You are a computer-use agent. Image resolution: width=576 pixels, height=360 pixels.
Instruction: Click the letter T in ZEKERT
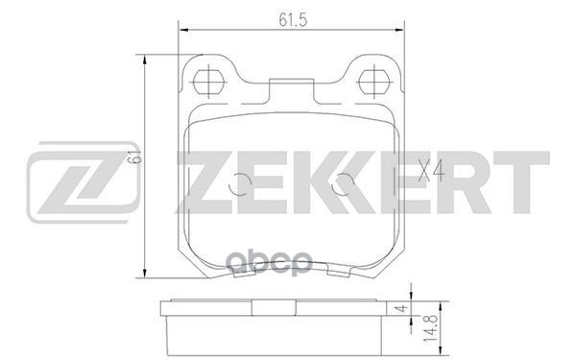tap(518, 182)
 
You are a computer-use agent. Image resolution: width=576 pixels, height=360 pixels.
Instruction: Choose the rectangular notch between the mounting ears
tap(293, 90)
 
